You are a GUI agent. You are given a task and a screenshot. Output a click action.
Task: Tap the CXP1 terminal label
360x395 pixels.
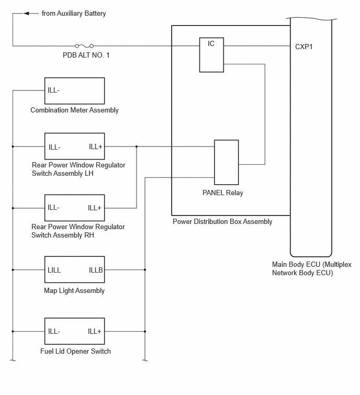tap(304, 47)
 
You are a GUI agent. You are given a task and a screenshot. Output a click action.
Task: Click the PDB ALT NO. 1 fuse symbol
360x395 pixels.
tap(84, 46)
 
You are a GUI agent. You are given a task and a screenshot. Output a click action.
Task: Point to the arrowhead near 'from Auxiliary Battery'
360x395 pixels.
tap(27, 14)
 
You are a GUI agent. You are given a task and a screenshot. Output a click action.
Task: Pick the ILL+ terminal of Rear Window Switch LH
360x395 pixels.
tap(95, 146)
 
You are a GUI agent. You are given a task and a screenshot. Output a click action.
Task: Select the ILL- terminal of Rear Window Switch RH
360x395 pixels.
tap(53, 207)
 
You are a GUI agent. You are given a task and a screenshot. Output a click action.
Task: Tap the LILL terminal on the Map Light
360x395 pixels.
tap(54, 270)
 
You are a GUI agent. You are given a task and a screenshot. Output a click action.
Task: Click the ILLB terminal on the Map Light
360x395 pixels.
tap(96, 270)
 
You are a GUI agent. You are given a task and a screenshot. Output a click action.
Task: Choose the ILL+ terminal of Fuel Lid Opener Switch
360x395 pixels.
tap(95, 331)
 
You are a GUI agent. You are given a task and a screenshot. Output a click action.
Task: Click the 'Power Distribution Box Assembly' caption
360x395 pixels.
tap(222, 222)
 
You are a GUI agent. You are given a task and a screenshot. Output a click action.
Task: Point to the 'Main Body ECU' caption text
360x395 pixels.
tap(312, 268)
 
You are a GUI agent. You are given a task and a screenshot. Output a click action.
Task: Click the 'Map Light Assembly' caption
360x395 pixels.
tap(74, 291)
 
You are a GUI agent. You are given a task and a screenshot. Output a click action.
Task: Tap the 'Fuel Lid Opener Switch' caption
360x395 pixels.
tap(75, 351)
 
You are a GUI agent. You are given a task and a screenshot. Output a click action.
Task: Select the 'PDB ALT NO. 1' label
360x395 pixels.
tap(86, 55)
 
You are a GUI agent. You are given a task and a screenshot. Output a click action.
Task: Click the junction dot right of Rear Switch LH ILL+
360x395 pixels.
tap(137, 146)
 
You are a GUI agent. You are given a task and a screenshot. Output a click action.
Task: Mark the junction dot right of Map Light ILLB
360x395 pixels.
tap(145, 270)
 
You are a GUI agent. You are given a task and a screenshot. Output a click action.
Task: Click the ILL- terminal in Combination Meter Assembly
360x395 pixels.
tap(53, 90)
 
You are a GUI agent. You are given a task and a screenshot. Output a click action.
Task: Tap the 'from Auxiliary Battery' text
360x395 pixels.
tap(74, 14)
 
